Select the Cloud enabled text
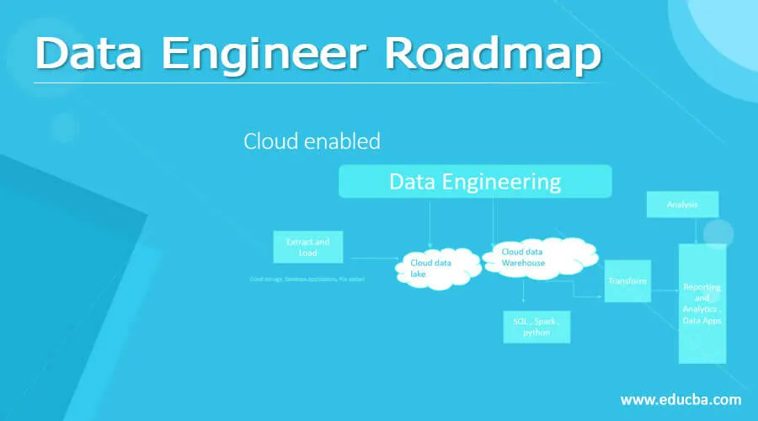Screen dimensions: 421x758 pos(312,141)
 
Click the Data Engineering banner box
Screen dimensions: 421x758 pos(474,182)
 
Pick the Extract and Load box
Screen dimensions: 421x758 pos(307,247)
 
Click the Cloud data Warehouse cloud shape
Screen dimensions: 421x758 pos(536,255)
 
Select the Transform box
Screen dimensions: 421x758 pos(627,281)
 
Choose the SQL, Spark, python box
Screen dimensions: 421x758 pos(536,326)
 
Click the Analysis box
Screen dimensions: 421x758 pos(681,204)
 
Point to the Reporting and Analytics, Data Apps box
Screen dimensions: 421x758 pos(702,303)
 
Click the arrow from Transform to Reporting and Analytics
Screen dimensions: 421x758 pos(665,290)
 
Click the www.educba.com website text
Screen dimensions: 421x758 pos(681,399)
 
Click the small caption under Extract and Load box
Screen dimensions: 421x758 pos(307,278)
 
